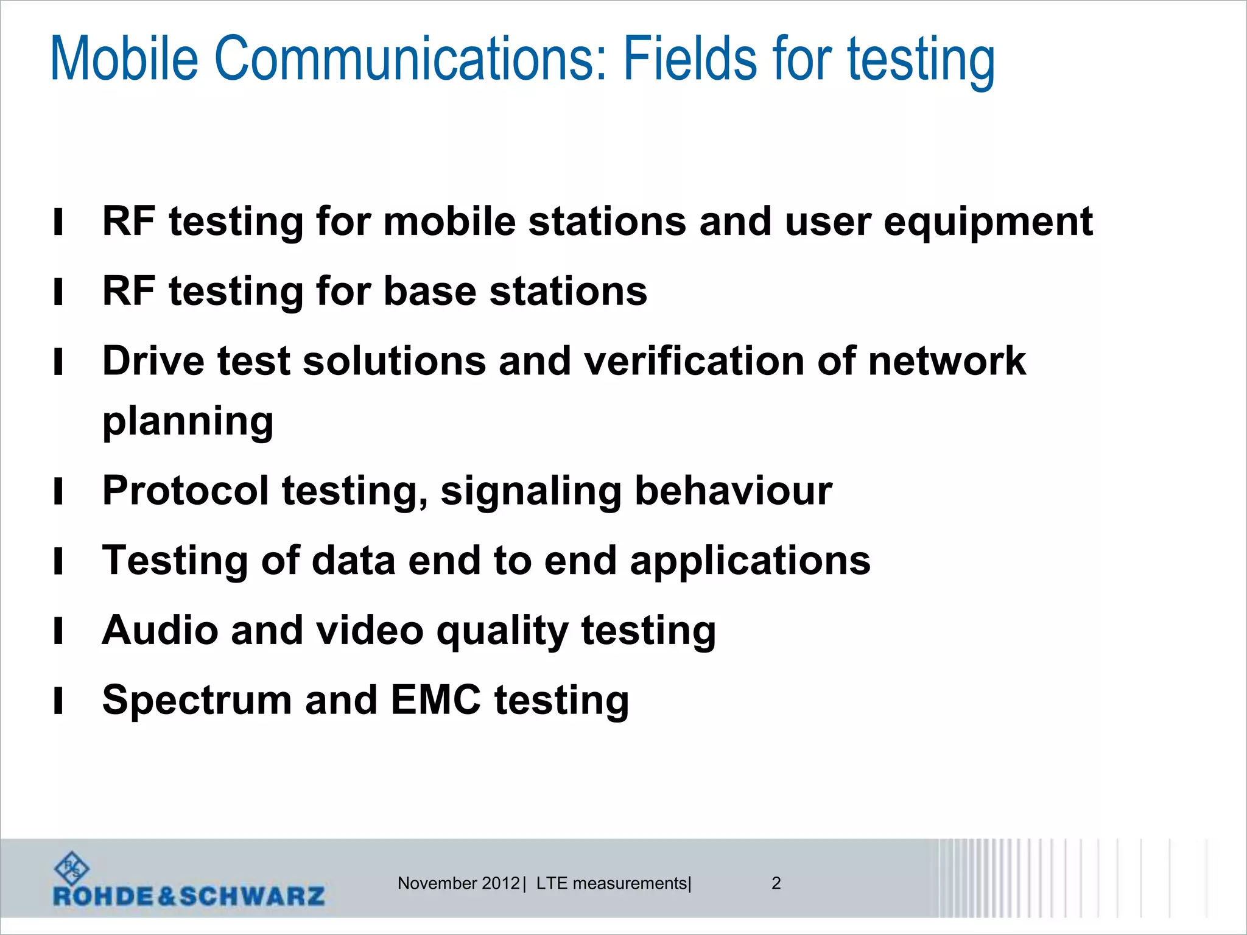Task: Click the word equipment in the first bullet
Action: point(988,222)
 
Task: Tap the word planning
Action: point(188,422)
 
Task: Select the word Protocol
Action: point(185,491)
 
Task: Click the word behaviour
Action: point(733,491)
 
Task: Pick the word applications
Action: point(750,561)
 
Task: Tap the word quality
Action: point(502,632)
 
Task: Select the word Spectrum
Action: point(197,701)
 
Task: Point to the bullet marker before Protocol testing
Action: point(58,492)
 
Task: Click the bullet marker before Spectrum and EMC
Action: point(58,701)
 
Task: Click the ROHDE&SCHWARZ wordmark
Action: point(189,896)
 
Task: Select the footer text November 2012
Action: point(458,883)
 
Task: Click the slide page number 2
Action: point(776,883)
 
